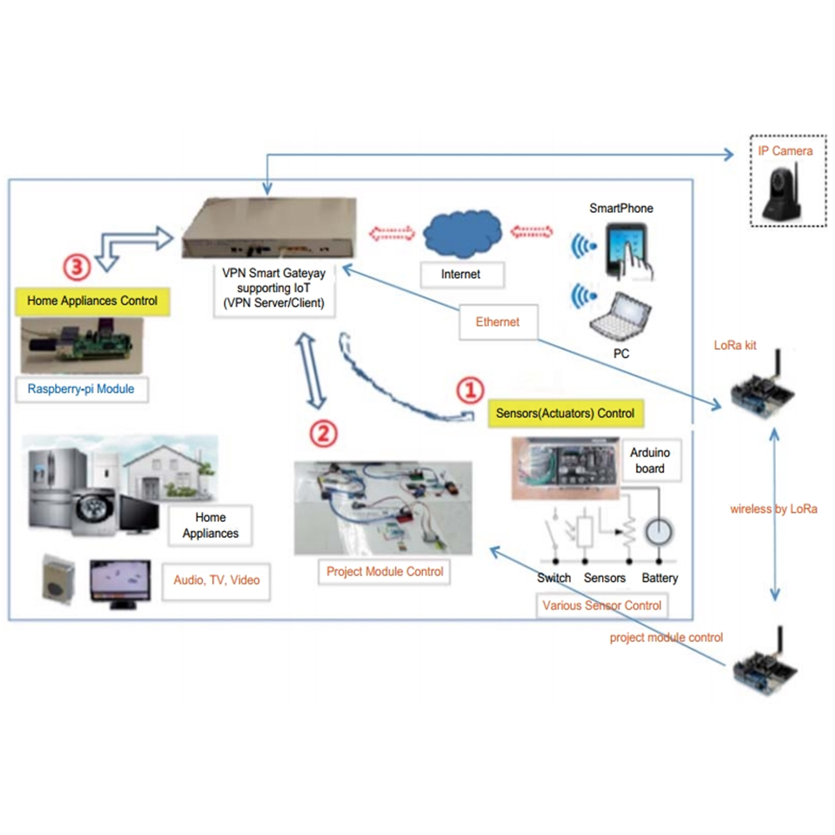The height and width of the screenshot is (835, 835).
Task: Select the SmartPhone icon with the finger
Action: tap(628, 250)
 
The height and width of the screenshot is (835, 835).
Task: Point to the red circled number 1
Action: tap(469, 390)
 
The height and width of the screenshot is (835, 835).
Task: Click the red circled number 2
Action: tap(324, 433)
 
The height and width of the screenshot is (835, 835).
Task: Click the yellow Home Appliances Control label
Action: tap(92, 300)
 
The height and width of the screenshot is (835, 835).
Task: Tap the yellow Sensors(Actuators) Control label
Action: tap(565, 412)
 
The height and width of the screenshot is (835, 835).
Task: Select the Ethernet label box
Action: tap(498, 321)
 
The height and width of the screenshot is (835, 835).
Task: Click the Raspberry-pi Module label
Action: tap(80, 388)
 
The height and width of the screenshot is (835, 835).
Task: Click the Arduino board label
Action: tap(650, 461)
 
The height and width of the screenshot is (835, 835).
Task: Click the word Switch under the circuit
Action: tap(554, 578)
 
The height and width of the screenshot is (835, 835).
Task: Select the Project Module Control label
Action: tap(385, 572)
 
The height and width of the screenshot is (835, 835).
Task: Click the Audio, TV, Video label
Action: tap(222, 579)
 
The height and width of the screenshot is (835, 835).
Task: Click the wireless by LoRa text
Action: tap(773, 509)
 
